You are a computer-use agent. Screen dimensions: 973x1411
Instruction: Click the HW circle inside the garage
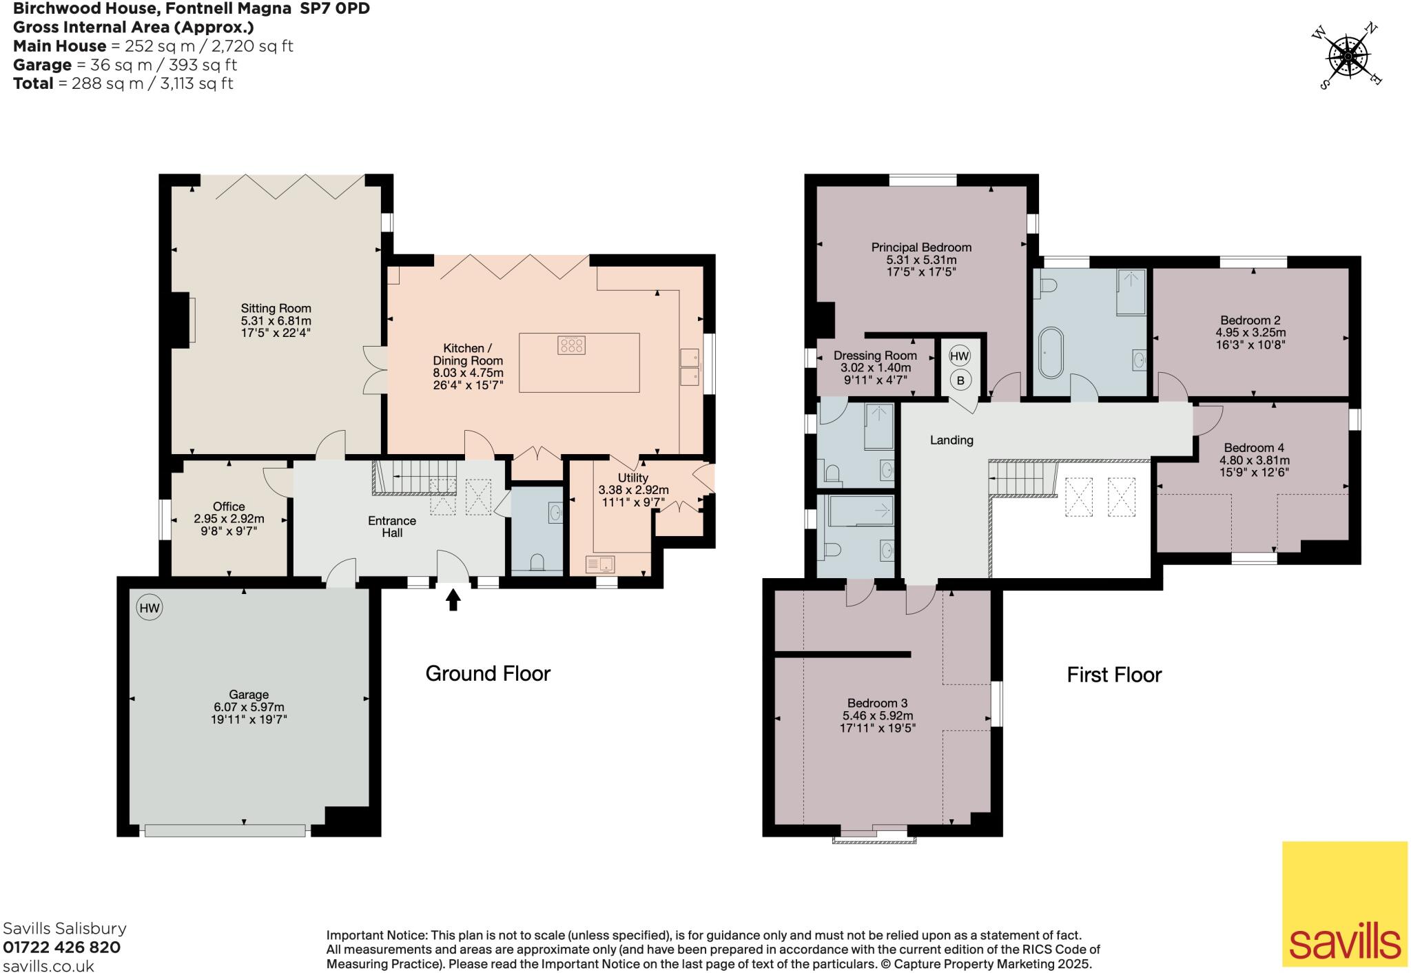pyautogui.click(x=149, y=608)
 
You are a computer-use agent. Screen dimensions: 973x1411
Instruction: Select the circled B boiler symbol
pyautogui.click(x=960, y=380)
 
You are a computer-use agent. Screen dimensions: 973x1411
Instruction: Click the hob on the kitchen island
pyautogui.click(x=571, y=345)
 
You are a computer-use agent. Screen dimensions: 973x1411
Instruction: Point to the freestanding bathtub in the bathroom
pyautogui.click(x=1050, y=352)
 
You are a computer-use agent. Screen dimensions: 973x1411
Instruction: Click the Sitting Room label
pyautogui.click(x=276, y=308)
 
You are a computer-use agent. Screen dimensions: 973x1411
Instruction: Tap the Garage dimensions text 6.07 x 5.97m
pyautogui.click(x=249, y=707)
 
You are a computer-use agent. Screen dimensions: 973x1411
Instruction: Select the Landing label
pyautogui.click(x=951, y=440)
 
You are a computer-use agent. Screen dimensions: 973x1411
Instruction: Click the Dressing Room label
pyautogui.click(x=875, y=356)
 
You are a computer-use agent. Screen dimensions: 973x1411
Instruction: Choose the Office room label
pyautogui.click(x=229, y=506)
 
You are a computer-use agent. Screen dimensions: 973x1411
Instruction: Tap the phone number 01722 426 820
pyautogui.click(x=62, y=948)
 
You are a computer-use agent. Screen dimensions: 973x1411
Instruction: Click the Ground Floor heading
pyautogui.click(x=488, y=673)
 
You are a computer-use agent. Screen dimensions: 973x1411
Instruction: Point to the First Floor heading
pyautogui.click(x=1114, y=674)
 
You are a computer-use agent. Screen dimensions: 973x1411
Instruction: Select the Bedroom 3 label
pyautogui.click(x=877, y=703)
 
